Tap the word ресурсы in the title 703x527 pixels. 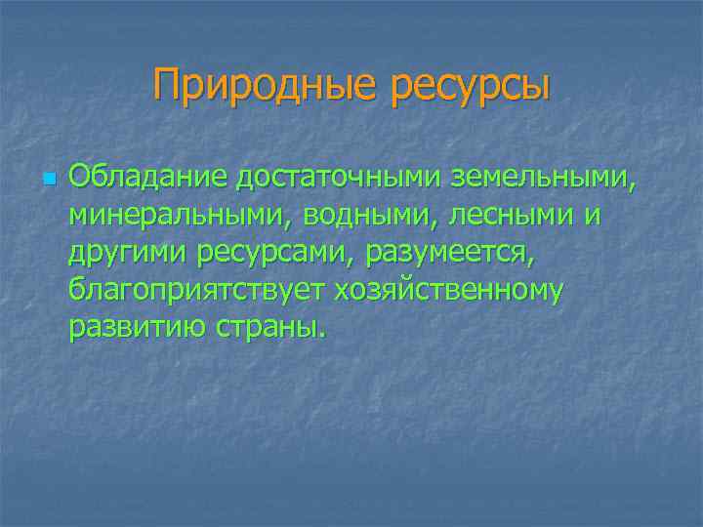[471, 87]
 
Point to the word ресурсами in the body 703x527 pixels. [277, 256]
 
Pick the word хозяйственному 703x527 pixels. [449, 292]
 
